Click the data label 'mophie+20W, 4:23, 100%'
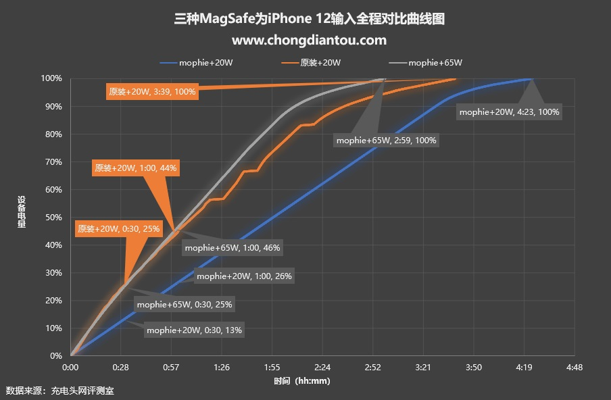(509, 112)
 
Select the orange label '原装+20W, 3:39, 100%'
(152, 92)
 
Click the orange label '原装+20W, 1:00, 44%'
(136, 168)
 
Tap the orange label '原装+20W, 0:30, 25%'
(118, 229)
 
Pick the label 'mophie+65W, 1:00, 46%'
(232, 248)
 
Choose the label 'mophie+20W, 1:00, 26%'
(244, 276)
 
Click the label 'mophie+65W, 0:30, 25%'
(184, 304)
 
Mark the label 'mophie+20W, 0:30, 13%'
(194, 330)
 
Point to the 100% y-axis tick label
(51, 79)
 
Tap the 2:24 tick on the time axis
(322, 368)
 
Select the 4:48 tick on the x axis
(574, 368)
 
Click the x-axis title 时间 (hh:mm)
(302, 380)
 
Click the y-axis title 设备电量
(22, 212)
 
